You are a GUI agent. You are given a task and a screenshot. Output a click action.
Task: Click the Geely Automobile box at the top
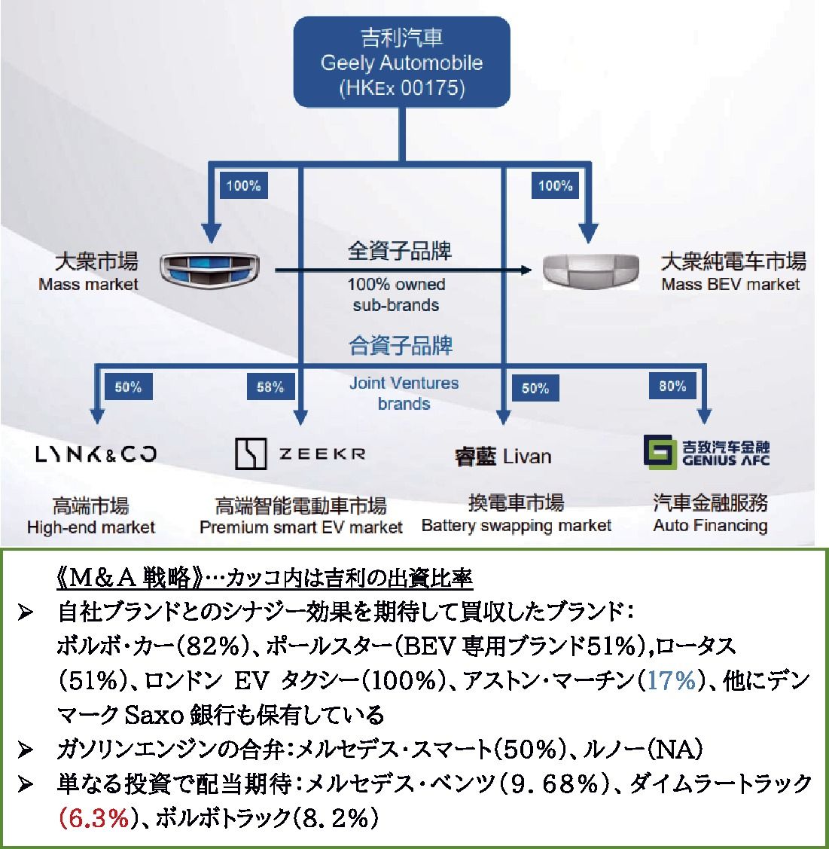pos(401,62)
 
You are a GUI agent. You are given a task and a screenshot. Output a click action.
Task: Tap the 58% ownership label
pos(270,387)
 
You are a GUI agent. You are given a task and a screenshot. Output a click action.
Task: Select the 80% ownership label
pos(672,386)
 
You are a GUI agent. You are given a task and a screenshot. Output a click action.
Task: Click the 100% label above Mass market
pos(243,185)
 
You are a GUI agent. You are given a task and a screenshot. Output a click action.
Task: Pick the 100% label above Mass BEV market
pos(555,185)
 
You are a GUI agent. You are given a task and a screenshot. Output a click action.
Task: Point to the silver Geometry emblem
pos(591,269)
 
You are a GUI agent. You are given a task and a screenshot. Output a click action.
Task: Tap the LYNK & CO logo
pos(96,454)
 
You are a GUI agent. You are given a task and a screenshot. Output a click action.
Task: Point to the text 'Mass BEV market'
pos(730,285)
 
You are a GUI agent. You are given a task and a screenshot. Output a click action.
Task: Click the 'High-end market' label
pos(90,527)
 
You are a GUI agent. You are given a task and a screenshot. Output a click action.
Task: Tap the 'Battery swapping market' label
pos(517,526)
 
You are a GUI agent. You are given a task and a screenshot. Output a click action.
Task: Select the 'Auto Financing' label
pos(710,526)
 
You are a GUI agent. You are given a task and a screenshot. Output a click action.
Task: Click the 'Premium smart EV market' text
pos(301,527)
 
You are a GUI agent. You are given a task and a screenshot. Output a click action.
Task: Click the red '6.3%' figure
pos(94,818)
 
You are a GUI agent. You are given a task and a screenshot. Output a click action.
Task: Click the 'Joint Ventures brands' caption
pos(404,393)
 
